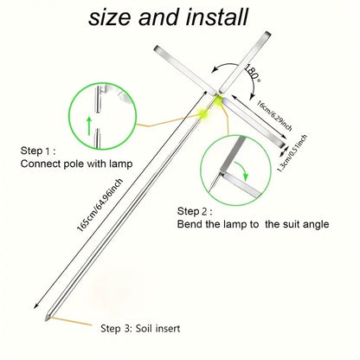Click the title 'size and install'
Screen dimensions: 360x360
168,17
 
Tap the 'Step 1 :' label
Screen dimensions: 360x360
38,151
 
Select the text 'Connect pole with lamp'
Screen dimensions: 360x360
76,164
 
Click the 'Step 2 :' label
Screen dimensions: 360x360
195,211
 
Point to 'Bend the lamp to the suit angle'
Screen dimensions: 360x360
253,224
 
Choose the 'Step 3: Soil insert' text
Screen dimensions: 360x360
140,328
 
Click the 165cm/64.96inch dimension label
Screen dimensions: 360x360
100,205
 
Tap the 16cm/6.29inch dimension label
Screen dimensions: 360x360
274,115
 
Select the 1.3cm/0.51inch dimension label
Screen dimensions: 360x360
292,153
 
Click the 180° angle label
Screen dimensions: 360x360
253,72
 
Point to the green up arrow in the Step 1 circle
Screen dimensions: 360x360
89,126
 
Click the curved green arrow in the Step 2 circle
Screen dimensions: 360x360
242,170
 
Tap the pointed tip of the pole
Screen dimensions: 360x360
45,320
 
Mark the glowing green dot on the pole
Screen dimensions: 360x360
204,113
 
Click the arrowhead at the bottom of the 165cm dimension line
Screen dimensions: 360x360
35,306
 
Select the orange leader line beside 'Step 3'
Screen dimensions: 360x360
71,321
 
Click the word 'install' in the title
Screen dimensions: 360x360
217,17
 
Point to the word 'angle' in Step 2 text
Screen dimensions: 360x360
314,225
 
